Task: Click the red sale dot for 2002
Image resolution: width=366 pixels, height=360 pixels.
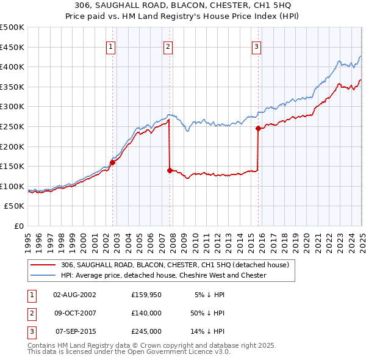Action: click(112, 162)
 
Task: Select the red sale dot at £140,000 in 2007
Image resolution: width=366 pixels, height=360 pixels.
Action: click(170, 170)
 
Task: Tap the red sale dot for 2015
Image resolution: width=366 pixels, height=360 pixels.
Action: click(258, 128)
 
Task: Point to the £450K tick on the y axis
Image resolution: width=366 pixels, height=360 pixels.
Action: click(13, 47)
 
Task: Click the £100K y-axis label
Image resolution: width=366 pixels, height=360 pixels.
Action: click(13, 186)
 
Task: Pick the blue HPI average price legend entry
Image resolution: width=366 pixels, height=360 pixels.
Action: click(163, 275)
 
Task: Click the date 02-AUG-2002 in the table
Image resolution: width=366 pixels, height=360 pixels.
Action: click(74, 295)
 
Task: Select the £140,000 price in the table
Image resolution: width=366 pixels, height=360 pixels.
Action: click(146, 313)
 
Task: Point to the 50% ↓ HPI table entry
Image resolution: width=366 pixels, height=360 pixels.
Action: click(208, 313)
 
